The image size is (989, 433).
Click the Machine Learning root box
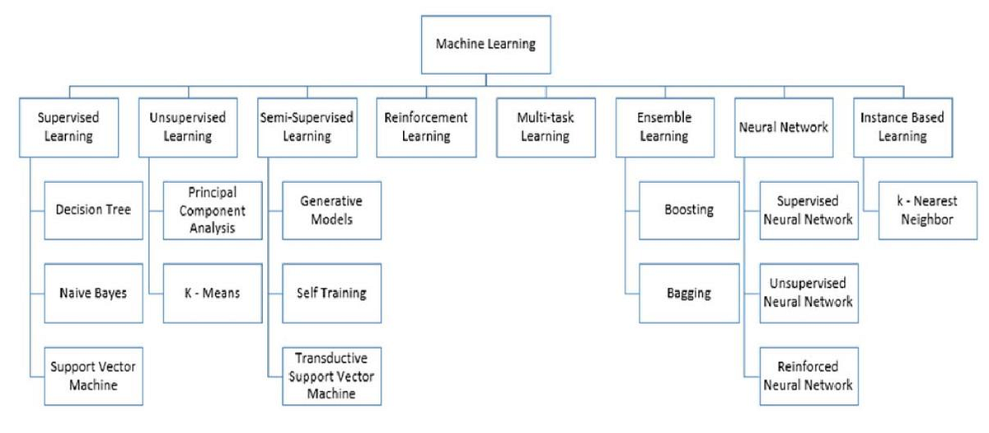click(x=485, y=44)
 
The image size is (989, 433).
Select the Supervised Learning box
click(x=69, y=127)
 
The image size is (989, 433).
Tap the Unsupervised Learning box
click(x=188, y=127)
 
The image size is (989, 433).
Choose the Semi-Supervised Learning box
click(x=307, y=127)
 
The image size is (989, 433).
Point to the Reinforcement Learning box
click(x=426, y=127)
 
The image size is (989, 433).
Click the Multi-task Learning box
click(x=545, y=127)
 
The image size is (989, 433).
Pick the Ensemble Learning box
click(x=665, y=127)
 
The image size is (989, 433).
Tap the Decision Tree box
click(x=92, y=209)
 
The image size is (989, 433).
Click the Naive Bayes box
click(x=92, y=293)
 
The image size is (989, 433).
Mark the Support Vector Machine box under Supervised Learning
click(x=92, y=376)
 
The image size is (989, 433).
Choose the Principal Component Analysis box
click(x=212, y=209)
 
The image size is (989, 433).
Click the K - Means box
click(x=212, y=293)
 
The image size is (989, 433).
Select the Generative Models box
click(x=331, y=209)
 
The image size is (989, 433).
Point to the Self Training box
click(x=331, y=293)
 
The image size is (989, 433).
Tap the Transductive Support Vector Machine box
click(x=331, y=376)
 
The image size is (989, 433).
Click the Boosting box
click(x=689, y=209)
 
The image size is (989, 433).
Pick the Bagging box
click(x=689, y=293)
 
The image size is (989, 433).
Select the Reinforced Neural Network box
click(x=808, y=376)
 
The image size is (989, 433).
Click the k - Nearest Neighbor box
click(x=927, y=209)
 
